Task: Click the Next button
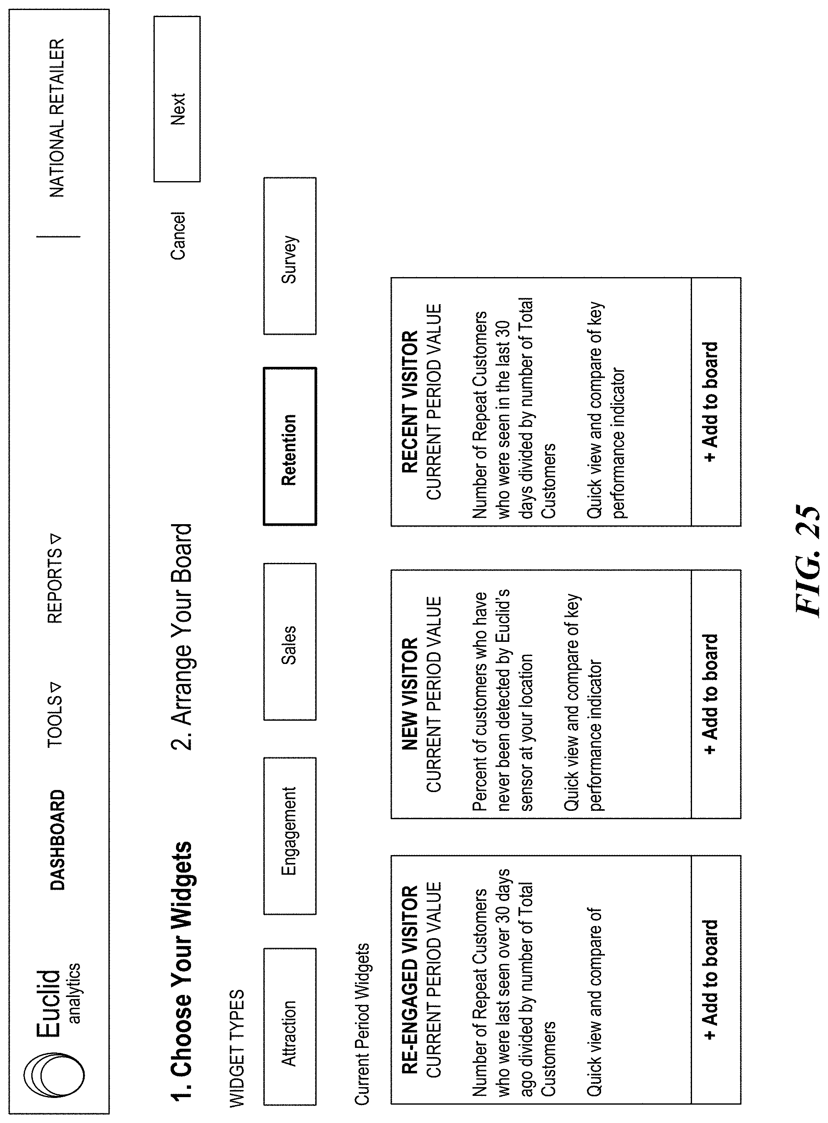(x=177, y=99)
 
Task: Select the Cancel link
(x=178, y=236)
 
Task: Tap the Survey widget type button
(x=290, y=256)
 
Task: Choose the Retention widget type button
(x=290, y=446)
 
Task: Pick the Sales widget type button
(x=290, y=641)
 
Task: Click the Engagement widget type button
(x=290, y=836)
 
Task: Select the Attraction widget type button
(x=290, y=1033)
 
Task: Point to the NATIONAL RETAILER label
(x=57, y=118)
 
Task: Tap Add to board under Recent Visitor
(x=711, y=401)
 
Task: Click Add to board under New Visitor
(x=711, y=694)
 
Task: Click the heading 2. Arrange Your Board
(x=181, y=637)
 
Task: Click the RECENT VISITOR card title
(x=410, y=401)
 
